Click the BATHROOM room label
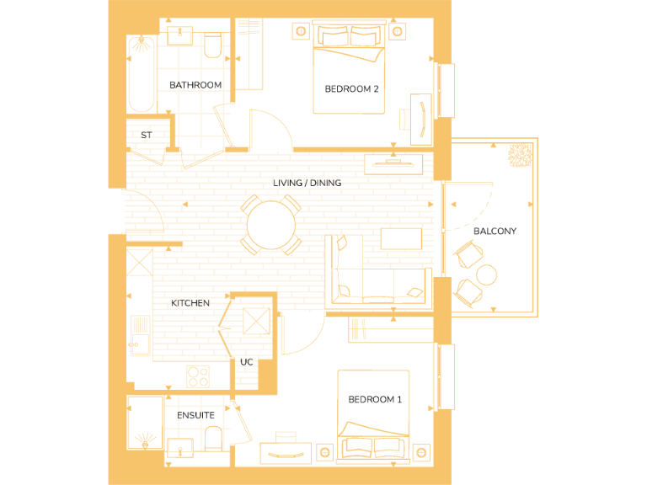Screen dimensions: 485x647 coord(195,85)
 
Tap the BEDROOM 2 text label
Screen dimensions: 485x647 coord(351,88)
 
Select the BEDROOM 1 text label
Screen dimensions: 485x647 coord(375,399)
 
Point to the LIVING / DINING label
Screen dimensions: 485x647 coord(307,183)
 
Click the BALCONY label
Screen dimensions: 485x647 coord(495,231)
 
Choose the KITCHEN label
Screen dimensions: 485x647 coord(190,303)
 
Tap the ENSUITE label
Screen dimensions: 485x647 coord(195,415)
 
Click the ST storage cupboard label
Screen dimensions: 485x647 coord(147,135)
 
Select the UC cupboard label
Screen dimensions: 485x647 coord(247,362)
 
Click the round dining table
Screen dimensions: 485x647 coord(271,225)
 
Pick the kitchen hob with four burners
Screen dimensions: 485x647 coord(198,376)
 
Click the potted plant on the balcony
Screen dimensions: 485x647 coord(518,155)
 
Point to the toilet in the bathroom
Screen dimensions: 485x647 coord(213,45)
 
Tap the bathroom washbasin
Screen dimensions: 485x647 coord(179,37)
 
